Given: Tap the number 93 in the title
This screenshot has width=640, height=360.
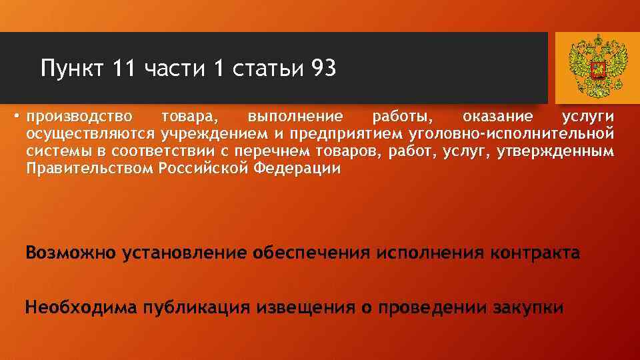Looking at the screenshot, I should [x=323, y=68].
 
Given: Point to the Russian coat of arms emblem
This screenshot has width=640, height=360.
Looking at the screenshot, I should [x=598, y=66].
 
